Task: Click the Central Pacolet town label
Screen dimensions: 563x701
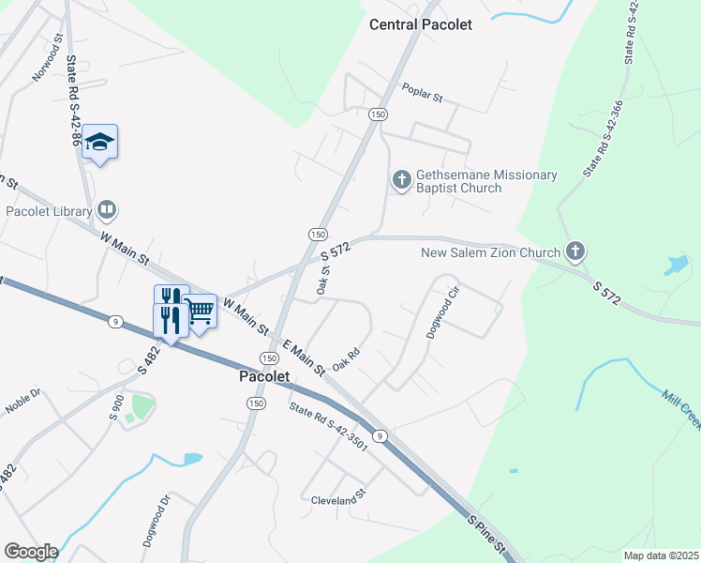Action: pyautogui.click(x=420, y=24)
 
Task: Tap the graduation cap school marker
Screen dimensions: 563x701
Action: pyautogui.click(x=99, y=143)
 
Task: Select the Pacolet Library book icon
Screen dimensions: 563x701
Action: pyautogui.click(x=107, y=209)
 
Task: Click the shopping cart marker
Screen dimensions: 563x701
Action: pyautogui.click(x=200, y=311)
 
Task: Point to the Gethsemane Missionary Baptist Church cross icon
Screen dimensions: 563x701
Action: pyautogui.click(x=401, y=179)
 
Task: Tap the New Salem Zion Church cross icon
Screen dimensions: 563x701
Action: pyautogui.click(x=575, y=251)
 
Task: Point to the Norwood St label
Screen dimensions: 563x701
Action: pyautogui.click(x=46, y=59)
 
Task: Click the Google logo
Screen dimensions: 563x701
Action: pyautogui.click(x=30, y=552)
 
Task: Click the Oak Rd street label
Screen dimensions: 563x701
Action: pyautogui.click(x=347, y=359)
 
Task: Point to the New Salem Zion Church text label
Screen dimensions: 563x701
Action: pyautogui.click(x=490, y=251)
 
